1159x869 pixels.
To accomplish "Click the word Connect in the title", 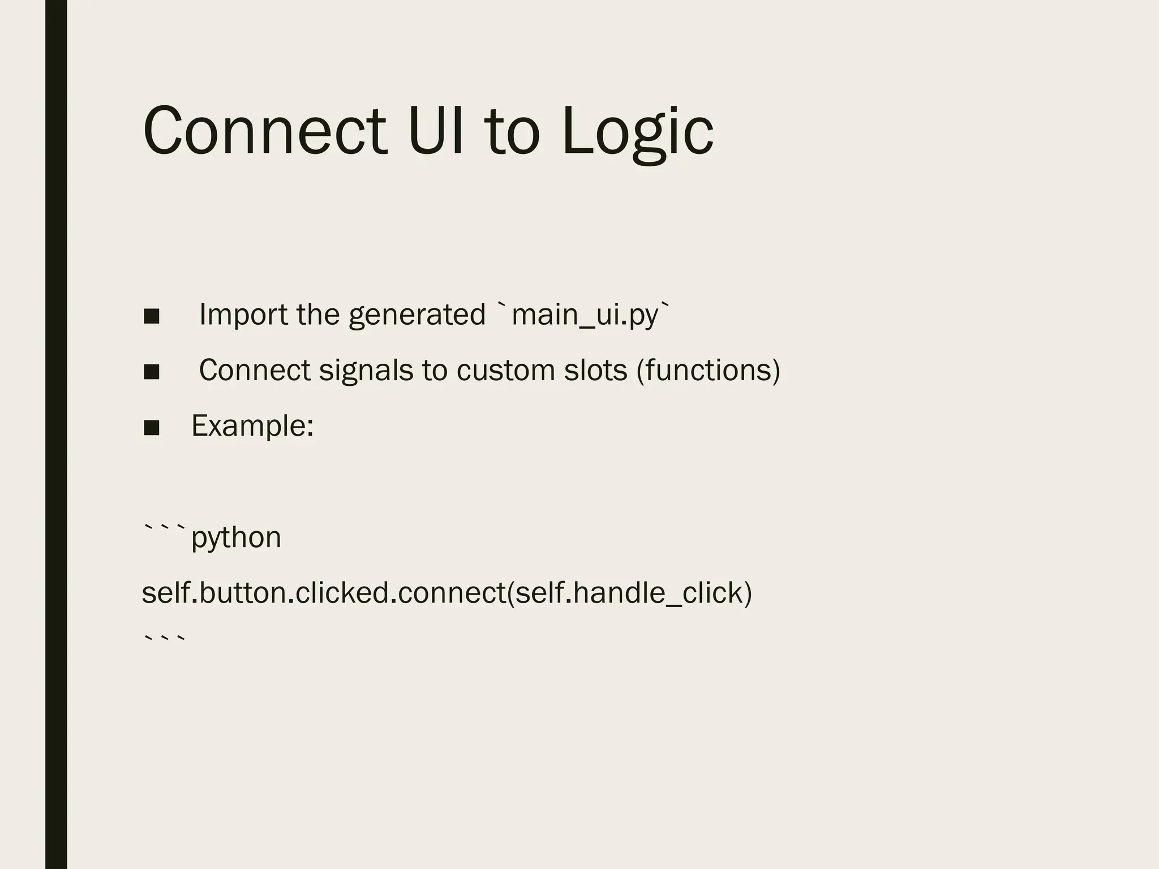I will pyautogui.click(x=265, y=131).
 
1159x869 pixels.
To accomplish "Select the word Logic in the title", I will pyautogui.click(x=638, y=133).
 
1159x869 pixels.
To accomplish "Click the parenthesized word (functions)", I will pyautogui.click(x=709, y=371).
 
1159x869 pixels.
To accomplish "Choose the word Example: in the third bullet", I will pyautogui.click(x=252, y=426).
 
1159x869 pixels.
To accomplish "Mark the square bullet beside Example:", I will pyautogui.click(x=152, y=428).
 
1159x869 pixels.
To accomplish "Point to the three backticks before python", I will pyautogui.click(x=165, y=530).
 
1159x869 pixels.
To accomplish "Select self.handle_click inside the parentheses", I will pyautogui.click(x=629, y=593).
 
